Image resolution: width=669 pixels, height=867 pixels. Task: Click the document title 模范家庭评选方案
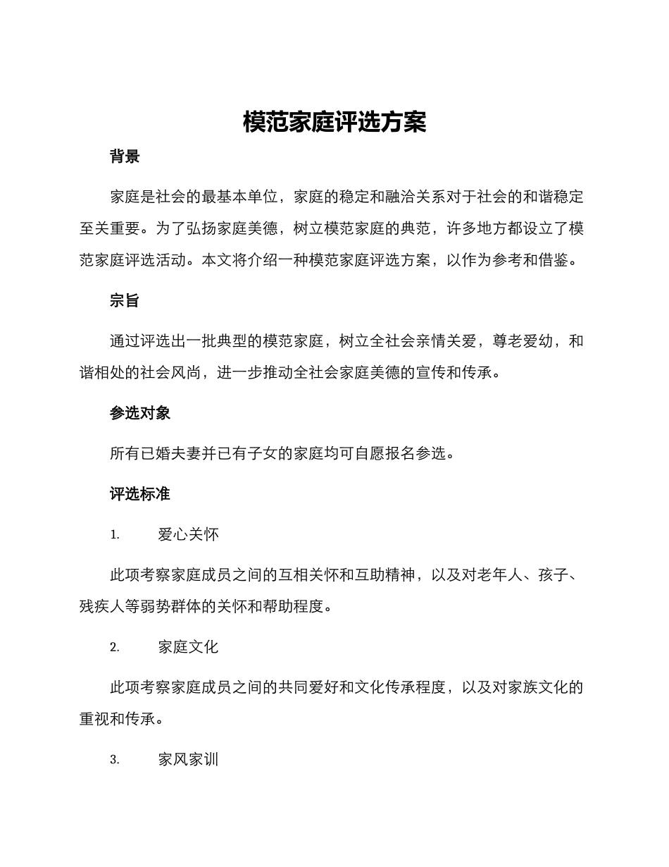[x=334, y=122]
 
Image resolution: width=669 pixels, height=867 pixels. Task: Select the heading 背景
[x=125, y=157]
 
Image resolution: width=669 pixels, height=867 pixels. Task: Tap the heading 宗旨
[x=125, y=301]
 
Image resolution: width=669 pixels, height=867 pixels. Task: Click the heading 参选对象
[x=140, y=414]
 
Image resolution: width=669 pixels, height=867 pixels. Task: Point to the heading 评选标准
[x=140, y=494]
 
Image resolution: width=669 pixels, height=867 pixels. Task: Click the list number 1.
[x=115, y=535]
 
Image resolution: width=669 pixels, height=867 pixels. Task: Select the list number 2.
[x=115, y=647]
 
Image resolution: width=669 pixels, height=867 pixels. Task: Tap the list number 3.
[x=115, y=760]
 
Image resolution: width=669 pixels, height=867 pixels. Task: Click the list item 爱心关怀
[x=189, y=535]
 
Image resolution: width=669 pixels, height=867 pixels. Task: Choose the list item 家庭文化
[x=189, y=647]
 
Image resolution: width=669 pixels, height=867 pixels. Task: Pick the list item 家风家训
[x=189, y=760]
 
